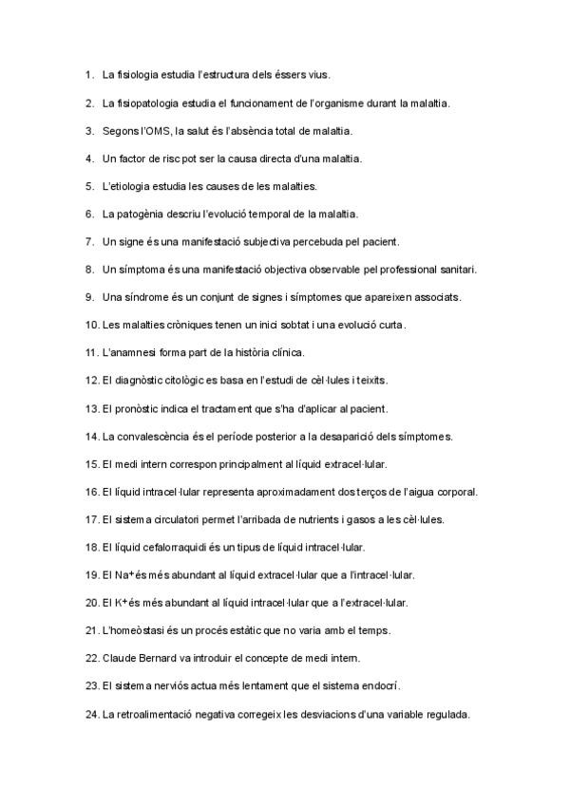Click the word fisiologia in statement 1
point(141,73)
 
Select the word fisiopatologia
point(153,102)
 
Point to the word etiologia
point(137,185)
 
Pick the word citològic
point(195,381)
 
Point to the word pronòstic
point(139,409)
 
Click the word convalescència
point(161,437)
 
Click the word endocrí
point(385,686)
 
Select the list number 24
point(92,715)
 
